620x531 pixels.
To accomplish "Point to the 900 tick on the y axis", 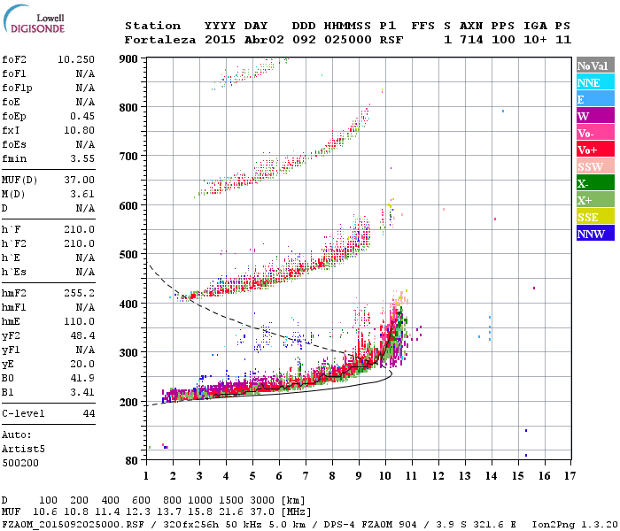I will click(129, 58).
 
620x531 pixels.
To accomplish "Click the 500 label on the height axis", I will click(129, 255).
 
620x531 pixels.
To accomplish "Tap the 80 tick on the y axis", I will click(131, 461).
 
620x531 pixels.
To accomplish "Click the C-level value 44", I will click(88, 413).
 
